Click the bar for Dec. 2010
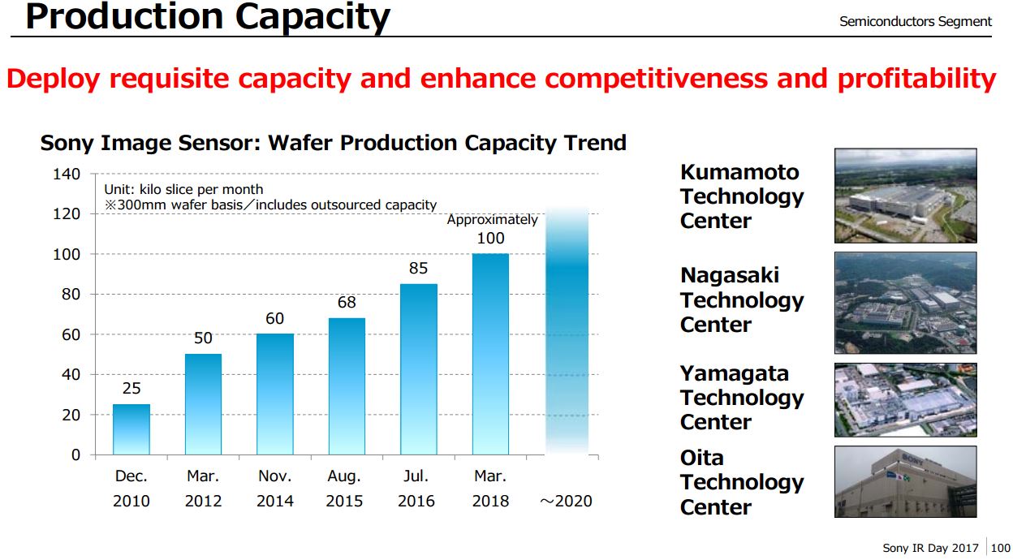pos(131,429)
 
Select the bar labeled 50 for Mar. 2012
pos(203,404)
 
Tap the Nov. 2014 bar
pos(275,394)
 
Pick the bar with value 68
pos(347,386)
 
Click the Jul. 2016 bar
pos(418,369)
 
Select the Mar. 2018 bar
pos(490,354)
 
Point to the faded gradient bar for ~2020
pos(567,329)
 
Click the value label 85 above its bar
pos(418,268)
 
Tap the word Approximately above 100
pos(492,220)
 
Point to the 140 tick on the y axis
pos(67,174)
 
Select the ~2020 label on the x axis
pos(567,501)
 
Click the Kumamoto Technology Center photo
pos(905,196)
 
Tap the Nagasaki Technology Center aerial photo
pos(905,302)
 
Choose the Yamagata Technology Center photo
pos(905,400)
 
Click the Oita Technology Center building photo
pos(905,481)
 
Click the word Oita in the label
pos(702,458)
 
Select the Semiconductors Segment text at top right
pos(916,22)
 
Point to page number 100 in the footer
pos(1001,549)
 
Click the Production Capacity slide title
pos(208,16)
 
